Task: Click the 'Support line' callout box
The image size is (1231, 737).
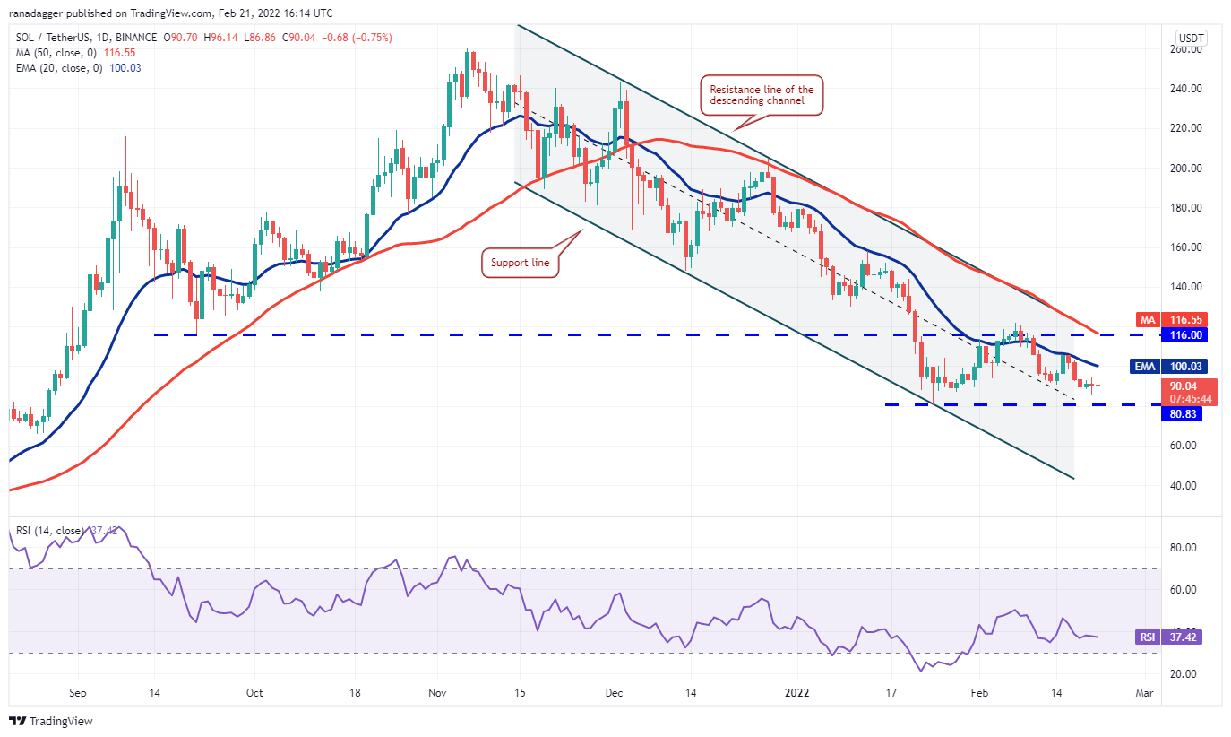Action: (x=520, y=264)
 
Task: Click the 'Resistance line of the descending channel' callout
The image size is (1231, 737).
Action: (x=762, y=95)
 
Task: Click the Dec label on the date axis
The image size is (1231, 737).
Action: (x=615, y=693)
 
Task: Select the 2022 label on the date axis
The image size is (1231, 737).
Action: (x=796, y=693)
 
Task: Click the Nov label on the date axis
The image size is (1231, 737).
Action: (x=438, y=693)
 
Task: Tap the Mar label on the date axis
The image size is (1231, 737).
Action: (x=1144, y=693)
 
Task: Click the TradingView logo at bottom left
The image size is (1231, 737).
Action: (x=52, y=721)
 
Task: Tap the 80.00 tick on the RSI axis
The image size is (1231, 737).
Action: (x=1186, y=547)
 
